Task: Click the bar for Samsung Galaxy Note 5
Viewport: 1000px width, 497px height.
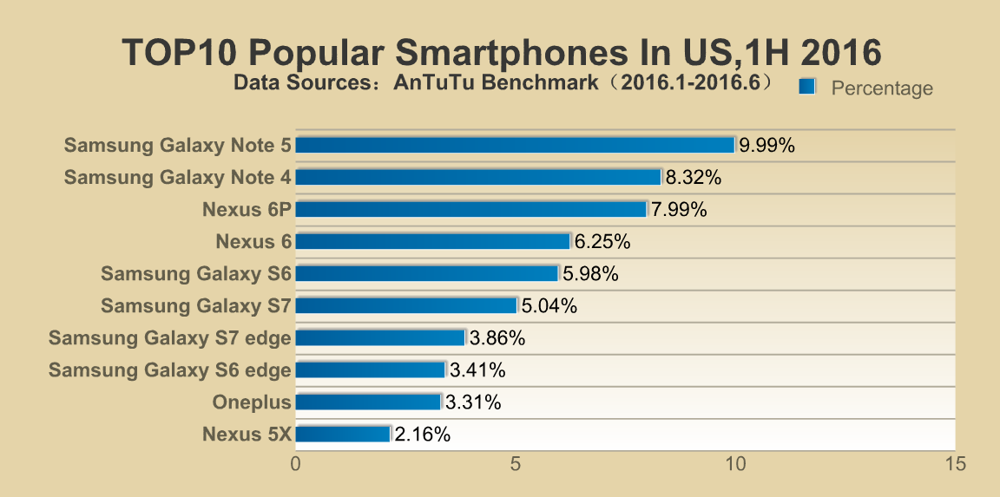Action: pyautogui.click(x=515, y=145)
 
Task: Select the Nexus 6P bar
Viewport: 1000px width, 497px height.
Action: pyautogui.click(x=471, y=209)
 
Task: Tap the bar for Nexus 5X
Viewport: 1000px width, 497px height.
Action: pyautogui.click(x=344, y=434)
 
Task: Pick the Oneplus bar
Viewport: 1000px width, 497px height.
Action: pyautogui.click(x=369, y=402)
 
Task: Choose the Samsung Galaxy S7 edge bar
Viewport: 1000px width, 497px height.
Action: pyautogui.click(x=381, y=337)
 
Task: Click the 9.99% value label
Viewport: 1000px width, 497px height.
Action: pyautogui.click(x=766, y=146)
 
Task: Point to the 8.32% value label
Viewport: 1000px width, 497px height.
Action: pyautogui.click(x=694, y=178)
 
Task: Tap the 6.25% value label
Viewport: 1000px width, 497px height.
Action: pyautogui.click(x=602, y=242)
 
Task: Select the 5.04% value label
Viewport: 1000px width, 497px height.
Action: pyautogui.click(x=549, y=306)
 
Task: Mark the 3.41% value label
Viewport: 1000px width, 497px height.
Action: pyautogui.click(x=477, y=370)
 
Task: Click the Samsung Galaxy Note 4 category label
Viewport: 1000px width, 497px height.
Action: pyautogui.click(x=177, y=178)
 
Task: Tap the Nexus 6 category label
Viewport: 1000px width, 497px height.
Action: pyautogui.click(x=253, y=242)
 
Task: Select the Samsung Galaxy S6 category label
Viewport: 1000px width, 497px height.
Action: pyautogui.click(x=195, y=274)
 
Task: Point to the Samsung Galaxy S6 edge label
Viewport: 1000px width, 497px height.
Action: pyautogui.click(x=169, y=370)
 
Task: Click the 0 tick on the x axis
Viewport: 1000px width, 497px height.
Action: pyautogui.click(x=296, y=464)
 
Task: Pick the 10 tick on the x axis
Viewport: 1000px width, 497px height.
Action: pyautogui.click(x=735, y=464)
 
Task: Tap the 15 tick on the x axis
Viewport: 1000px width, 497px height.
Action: pyautogui.click(x=955, y=464)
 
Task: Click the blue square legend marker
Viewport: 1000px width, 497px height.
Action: pyautogui.click(x=807, y=85)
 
